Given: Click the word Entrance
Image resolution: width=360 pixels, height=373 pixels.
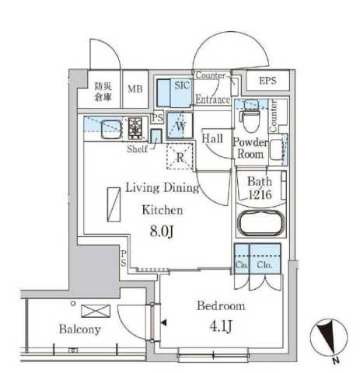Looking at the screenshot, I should (x=212, y=99).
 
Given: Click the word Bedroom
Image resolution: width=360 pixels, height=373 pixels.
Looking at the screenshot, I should (x=221, y=306).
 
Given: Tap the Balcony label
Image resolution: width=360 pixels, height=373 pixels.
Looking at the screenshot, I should (x=80, y=329).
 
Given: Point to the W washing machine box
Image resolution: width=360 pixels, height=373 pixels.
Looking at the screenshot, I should (x=180, y=124).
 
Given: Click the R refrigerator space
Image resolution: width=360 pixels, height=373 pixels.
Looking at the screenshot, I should (x=180, y=156).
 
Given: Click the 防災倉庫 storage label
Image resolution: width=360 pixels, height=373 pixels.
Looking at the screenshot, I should (x=103, y=91).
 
